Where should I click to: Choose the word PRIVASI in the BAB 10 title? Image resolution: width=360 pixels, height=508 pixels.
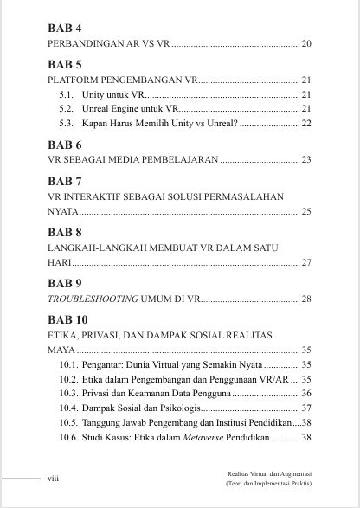(x=108, y=335)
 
